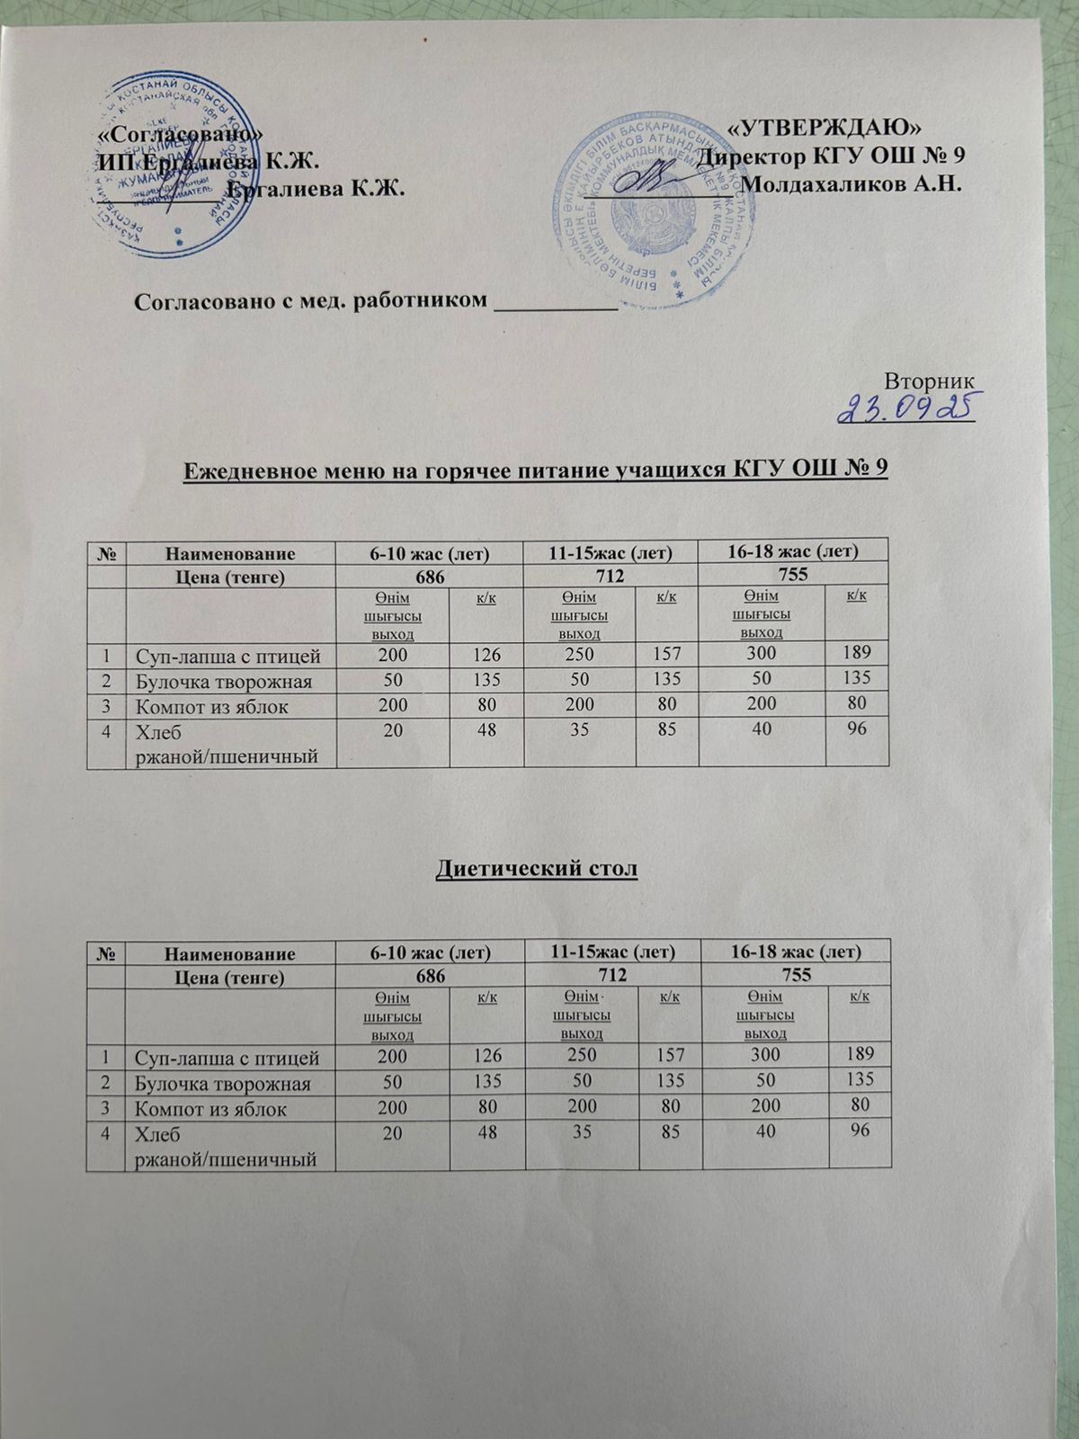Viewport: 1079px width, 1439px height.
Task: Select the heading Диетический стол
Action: pyautogui.click(x=536, y=870)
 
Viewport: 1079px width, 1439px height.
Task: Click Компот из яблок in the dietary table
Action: pyautogui.click(x=211, y=1109)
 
